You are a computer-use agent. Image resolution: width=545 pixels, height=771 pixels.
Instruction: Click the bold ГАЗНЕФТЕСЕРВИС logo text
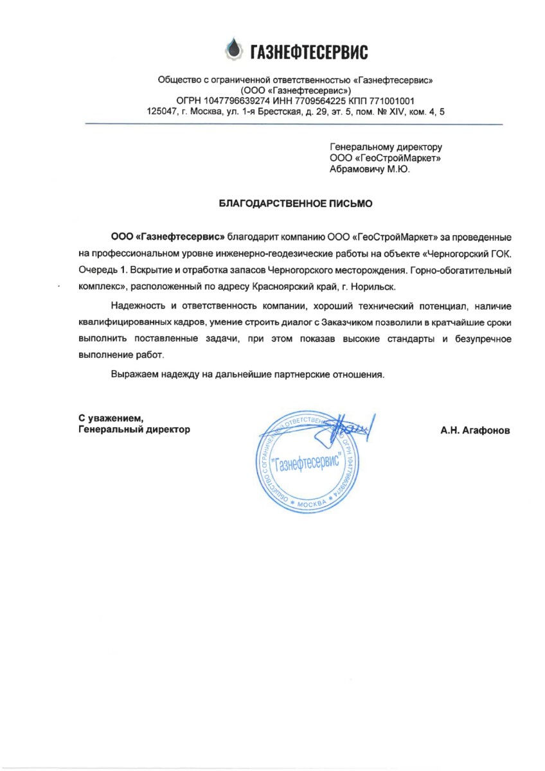point(308,51)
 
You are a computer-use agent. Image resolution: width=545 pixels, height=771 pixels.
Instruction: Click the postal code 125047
point(163,111)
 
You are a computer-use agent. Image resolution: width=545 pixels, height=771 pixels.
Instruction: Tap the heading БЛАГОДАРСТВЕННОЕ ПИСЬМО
point(296,204)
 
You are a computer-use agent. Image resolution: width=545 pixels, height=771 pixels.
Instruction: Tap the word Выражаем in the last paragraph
point(134,373)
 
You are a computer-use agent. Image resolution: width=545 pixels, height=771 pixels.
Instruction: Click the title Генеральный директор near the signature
point(134,430)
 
